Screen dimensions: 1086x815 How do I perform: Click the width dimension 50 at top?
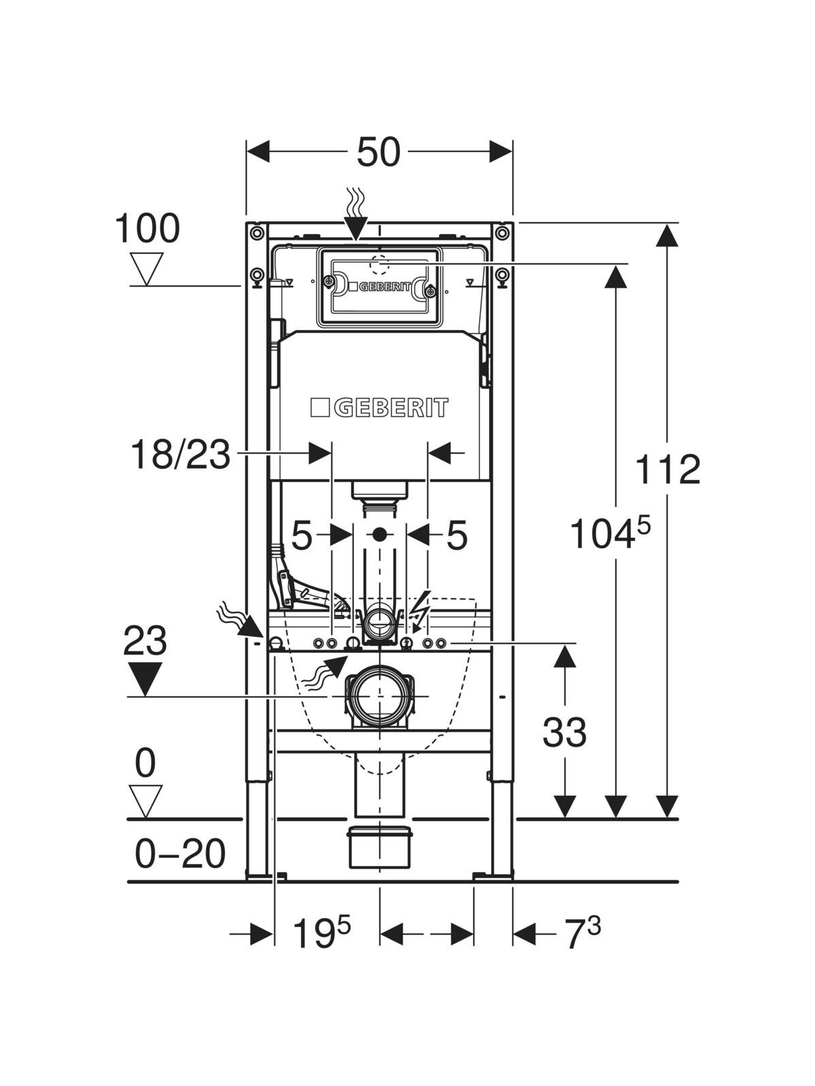coord(379,152)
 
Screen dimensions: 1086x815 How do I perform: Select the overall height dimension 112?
coord(668,470)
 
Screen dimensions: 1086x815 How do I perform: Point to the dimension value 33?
coord(564,732)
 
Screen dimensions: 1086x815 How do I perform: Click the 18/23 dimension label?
coord(180,454)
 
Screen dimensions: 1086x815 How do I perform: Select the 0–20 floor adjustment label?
coord(180,853)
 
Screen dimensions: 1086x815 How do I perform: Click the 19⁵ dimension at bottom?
coord(321,934)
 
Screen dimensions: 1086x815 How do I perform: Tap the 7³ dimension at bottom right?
coord(583,934)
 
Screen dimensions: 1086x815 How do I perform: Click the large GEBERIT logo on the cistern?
coord(380,407)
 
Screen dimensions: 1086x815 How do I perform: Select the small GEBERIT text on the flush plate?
coord(384,286)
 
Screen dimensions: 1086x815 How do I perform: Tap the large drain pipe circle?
coord(379,697)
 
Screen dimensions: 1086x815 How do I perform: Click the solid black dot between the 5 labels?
coord(380,535)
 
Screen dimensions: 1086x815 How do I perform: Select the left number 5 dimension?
coord(302,536)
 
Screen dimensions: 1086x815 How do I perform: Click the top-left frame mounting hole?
coord(256,233)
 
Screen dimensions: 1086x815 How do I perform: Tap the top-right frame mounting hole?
coord(502,233)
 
